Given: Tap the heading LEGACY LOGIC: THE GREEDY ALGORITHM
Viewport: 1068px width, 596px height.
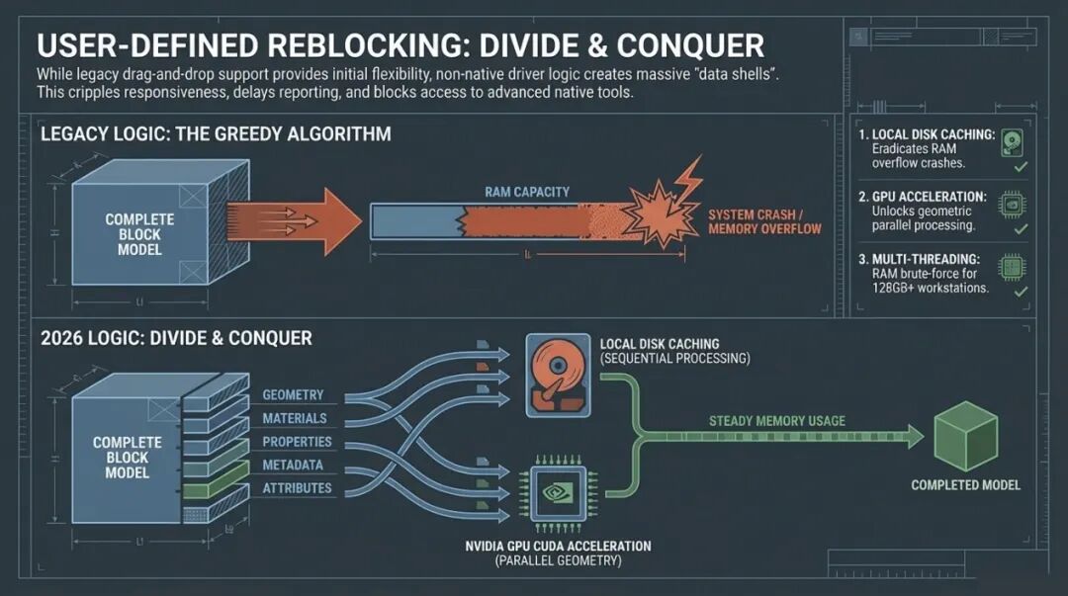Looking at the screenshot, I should click(216, 133).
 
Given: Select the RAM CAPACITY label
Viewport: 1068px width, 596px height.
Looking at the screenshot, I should click(527, 192).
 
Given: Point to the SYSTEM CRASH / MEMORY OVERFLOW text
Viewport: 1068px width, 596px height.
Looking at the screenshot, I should click(764, 221).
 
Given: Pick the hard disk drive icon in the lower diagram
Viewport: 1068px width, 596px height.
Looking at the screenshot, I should click(557, 376).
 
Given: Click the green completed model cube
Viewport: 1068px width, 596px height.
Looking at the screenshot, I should click(965, 436).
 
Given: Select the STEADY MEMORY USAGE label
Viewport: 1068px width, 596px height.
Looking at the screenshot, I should click(776, 421).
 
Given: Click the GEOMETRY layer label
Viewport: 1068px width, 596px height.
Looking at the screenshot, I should click(293, 395).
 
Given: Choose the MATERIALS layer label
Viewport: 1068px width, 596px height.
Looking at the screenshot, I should click(296, 419).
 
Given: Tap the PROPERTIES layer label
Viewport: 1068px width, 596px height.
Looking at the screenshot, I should click(297, 442).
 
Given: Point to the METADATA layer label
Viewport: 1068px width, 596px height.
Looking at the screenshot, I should click(293, 466).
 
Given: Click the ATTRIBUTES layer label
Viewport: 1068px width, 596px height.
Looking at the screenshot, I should click(297, 488).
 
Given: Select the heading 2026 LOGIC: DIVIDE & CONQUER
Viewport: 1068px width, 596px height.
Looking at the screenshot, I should click(176, 338).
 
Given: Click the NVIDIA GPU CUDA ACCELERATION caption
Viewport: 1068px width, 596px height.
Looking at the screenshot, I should click(558, 547).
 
